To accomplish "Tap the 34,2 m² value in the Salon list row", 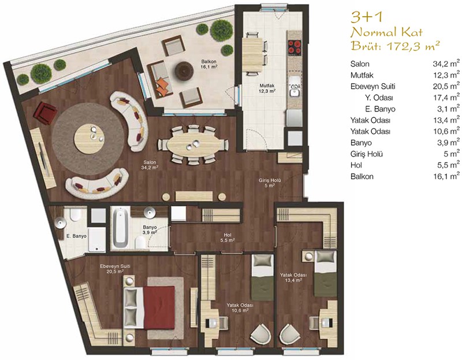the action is click(x=446, y=64).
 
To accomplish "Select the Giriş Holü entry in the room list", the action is click(x=367, y=154).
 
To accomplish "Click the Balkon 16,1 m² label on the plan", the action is click(x=209, y=64).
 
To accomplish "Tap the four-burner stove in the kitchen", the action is click(x=295, y=47).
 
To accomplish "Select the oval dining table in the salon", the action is click(x=193, y=144).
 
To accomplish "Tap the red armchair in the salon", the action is click(x=45, y=113).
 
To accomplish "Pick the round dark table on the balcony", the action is click(x=184, y=70).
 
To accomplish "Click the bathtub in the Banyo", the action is click(x=120, y=228).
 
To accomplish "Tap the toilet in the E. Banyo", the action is click(x=75, y=214).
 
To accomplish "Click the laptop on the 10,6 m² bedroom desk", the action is click(x=211, y=323).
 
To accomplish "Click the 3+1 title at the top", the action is click(x=366, y=18).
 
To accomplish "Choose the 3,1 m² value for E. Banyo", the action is click(x=448, y=109).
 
